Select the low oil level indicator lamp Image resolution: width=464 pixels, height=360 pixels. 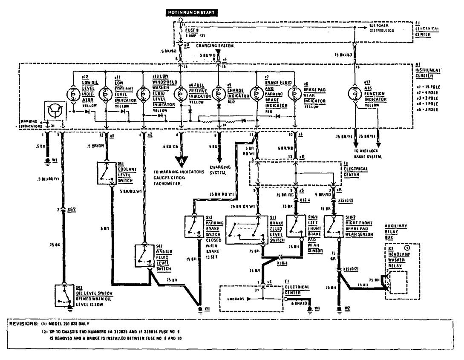73,93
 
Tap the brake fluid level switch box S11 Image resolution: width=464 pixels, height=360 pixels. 245,230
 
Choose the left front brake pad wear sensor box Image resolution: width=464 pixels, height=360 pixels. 296,226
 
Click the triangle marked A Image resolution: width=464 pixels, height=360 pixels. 182,161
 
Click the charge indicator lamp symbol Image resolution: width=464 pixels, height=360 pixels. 218,93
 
